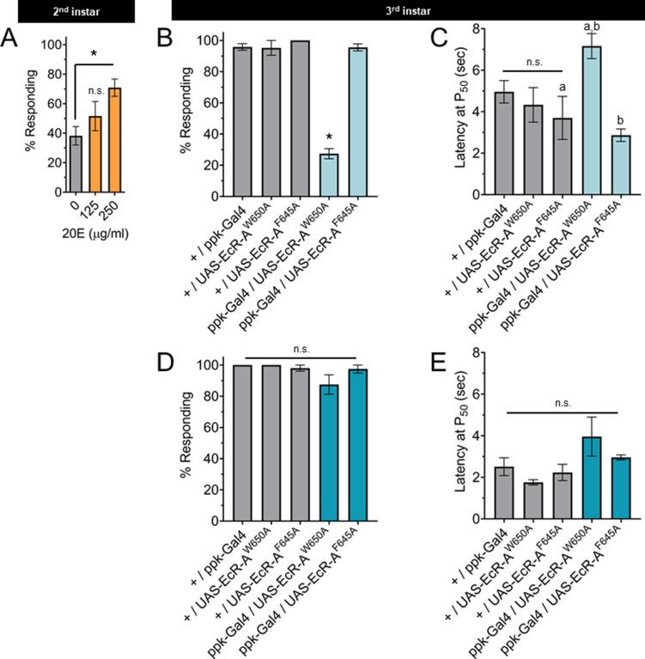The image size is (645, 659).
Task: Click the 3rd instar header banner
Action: pyautogui.click(x=408, y=12)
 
